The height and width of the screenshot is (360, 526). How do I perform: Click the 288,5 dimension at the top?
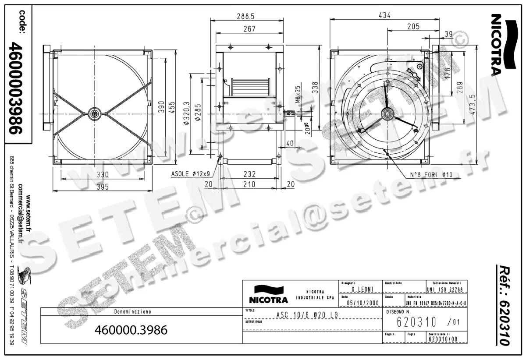[245, 16]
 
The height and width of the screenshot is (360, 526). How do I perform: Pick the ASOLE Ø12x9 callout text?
[192, 174]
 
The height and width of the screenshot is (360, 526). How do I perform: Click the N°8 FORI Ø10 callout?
[431, 175]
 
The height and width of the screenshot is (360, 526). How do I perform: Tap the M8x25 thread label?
[298, 94]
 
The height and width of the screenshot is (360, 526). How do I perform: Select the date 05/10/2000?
[363, 303]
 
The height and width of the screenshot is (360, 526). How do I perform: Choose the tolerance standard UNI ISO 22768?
[445, 289]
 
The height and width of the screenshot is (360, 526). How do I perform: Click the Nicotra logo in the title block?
[268, 294]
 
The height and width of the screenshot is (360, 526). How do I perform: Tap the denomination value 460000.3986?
[131, 330]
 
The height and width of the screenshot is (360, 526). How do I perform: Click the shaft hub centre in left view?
[94, 114]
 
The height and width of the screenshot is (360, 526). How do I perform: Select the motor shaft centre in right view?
[387, 114]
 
